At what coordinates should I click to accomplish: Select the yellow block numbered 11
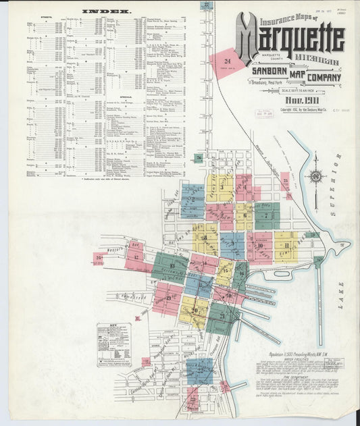(286, 244)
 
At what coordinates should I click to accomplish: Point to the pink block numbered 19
(167, 298)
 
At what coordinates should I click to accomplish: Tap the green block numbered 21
(222, 316)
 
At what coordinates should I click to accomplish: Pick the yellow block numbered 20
(194, 310)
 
